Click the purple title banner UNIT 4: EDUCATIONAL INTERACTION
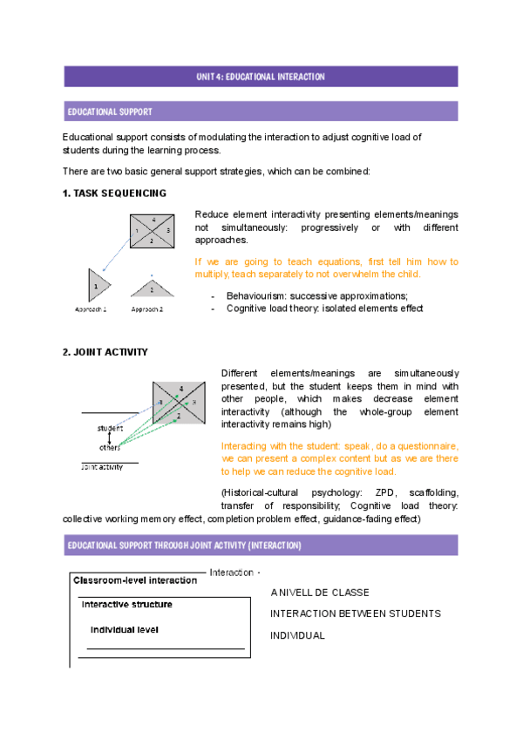pos(260,77)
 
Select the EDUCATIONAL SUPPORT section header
pos(110,112)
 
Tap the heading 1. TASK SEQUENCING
pos(114,193)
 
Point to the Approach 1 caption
pos(91,309)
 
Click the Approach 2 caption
pos(148,309)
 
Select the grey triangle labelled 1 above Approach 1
pos(97,285)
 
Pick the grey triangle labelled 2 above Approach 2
pos(152,288)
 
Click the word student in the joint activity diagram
pos(109,428)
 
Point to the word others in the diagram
pos(109,447)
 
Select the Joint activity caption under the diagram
pos(101,466)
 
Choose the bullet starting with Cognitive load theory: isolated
pos(324,308)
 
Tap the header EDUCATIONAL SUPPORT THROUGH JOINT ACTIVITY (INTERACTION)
pos(184,546)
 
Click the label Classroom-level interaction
pos(135,580)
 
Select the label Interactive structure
pos(126,604)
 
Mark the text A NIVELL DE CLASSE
pos(320,593)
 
